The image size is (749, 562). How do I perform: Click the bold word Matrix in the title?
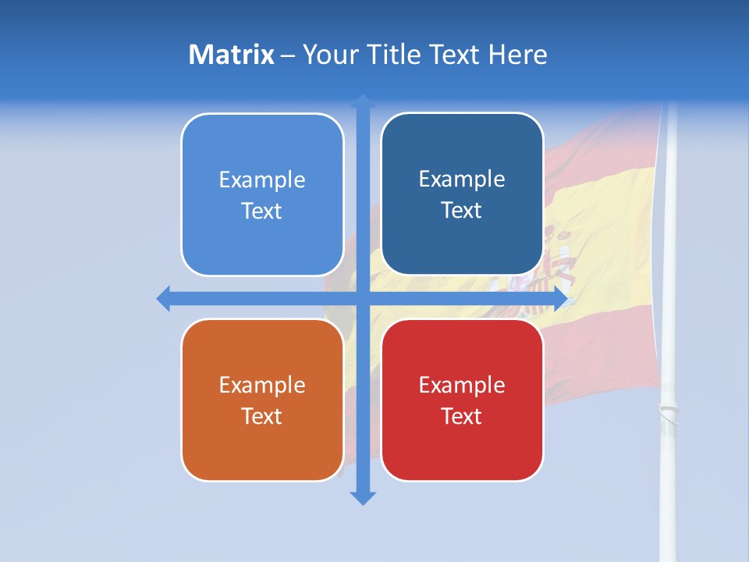coord(231,55)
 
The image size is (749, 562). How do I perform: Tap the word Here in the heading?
coord(517,55)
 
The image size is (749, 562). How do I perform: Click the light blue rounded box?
coord(262,194)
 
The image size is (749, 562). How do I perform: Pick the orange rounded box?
coord(262,400)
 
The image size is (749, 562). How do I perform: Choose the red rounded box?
coord(462,400)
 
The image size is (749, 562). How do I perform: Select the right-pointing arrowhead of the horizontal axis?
coord(560,298)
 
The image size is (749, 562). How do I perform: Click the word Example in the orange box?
coord(262,385)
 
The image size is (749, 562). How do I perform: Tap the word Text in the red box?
coord(462,416)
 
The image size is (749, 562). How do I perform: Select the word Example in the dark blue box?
coord(462,179)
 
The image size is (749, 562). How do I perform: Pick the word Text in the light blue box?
coord(262,211)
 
